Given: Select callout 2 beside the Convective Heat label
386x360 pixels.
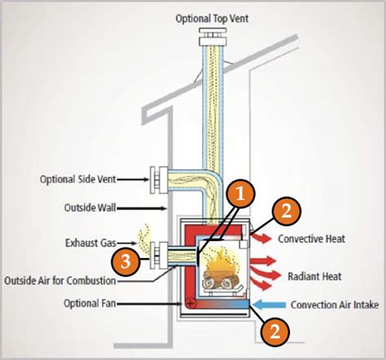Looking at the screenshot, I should (x=284, y=212).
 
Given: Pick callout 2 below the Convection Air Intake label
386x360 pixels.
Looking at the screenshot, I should (x=274, y=331).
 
